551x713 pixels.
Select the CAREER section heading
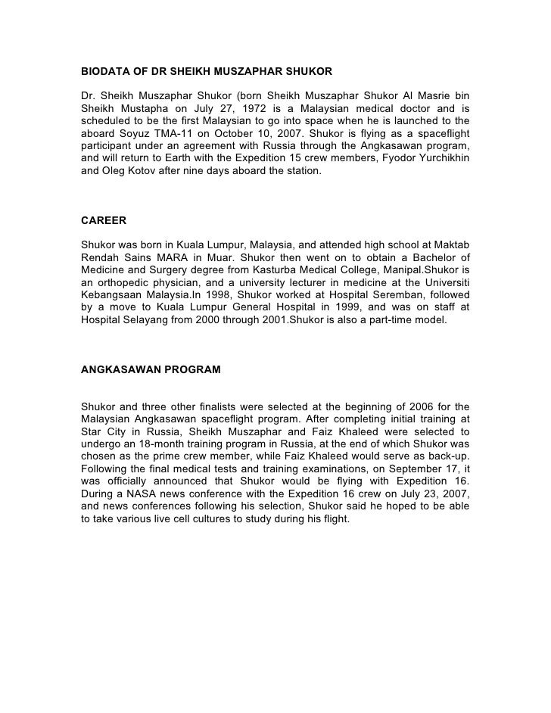pos(103,221)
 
